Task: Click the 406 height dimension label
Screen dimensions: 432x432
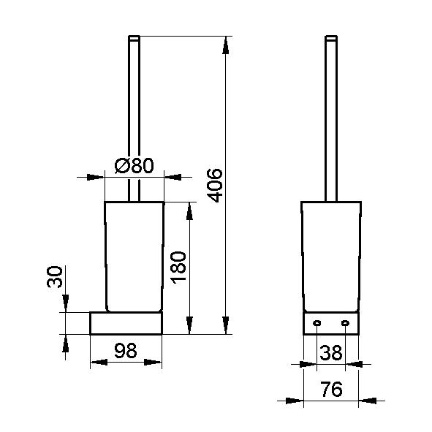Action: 214,185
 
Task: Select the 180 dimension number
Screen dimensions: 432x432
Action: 178,267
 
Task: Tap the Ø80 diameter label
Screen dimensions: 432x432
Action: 134,166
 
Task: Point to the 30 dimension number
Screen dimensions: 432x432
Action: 55,276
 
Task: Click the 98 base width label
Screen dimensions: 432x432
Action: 125,350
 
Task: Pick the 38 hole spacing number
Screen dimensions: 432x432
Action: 331,352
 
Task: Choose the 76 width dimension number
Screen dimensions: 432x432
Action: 331,389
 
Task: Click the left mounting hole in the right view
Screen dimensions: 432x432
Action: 317,322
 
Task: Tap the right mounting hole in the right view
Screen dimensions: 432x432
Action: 345,322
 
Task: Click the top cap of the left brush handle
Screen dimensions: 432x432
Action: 134,38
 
